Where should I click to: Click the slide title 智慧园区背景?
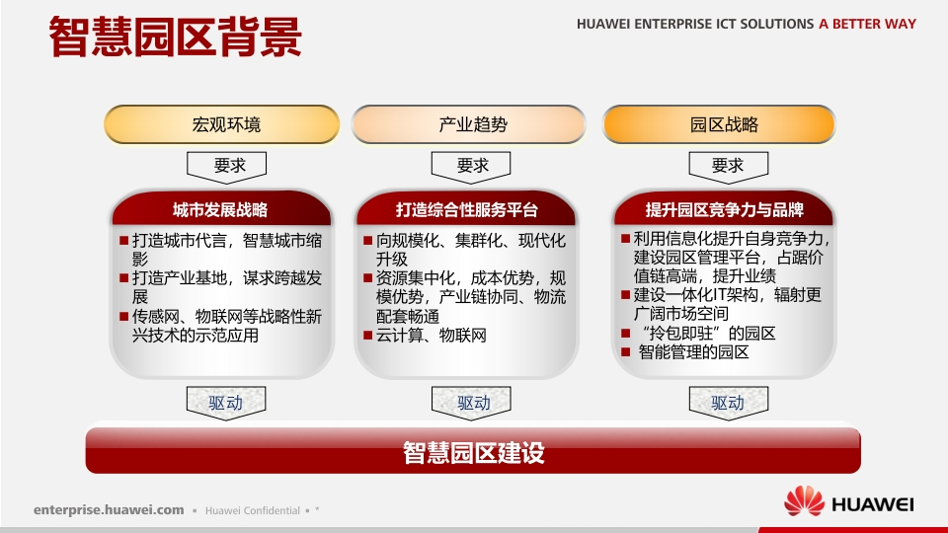click(x=176, y=37)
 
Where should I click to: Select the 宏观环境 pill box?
click(x=222, y=124)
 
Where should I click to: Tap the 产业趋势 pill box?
click(x=468, y=124)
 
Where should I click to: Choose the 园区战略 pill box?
click(x=719, y=124)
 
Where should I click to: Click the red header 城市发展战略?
click(x=221, y=209)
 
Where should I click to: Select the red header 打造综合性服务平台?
click(x=466, y=209)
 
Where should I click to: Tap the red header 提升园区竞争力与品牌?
click(x=724, y=209)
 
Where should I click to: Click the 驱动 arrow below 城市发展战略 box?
click(x=226, y=403)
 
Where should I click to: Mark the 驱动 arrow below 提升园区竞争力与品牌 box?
click(x=729, y=403)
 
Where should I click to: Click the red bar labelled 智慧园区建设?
click(x=473, y=451)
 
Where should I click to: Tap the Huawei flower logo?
click(x=804, y=501)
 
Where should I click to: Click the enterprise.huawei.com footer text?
click(x=109, y=510)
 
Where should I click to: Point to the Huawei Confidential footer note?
click(x=253, y=510)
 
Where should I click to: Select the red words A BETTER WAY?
click(x=868, y=24)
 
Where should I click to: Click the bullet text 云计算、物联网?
click(x=432, y=336)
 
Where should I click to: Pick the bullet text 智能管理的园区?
click(x=693, y=351)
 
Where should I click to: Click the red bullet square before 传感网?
click(x=124, y=316)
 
